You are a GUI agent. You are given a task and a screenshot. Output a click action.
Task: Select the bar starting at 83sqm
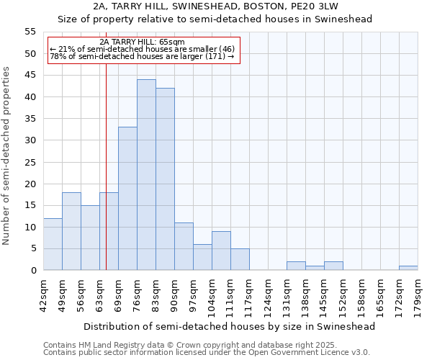coord(165,179)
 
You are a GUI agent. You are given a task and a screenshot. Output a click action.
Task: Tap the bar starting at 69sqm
coord(127,199)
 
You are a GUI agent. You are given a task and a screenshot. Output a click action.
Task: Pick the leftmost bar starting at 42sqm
coord(53,244)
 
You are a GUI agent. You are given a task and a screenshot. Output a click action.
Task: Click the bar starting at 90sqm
coord(184,246)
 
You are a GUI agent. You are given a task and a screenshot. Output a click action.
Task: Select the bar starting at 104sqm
coord(221,251)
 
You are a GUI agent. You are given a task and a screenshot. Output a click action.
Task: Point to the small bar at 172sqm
coord(408,268)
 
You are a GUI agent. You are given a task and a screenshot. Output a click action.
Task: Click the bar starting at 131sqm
coord(296,266)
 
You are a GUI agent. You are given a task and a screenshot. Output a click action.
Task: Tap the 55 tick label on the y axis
coord(30,32)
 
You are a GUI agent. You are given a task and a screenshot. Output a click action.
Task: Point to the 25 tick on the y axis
coord(30,162)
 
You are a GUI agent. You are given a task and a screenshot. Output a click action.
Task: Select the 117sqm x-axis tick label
coord(249,297)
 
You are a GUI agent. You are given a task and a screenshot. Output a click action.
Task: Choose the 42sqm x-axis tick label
coord(43,297)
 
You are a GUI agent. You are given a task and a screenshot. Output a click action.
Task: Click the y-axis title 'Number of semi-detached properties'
coord(7,156)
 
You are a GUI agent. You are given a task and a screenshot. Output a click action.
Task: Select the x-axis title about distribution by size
coord(230,326)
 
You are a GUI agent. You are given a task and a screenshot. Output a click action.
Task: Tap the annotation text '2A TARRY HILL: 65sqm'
coord(142,42)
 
